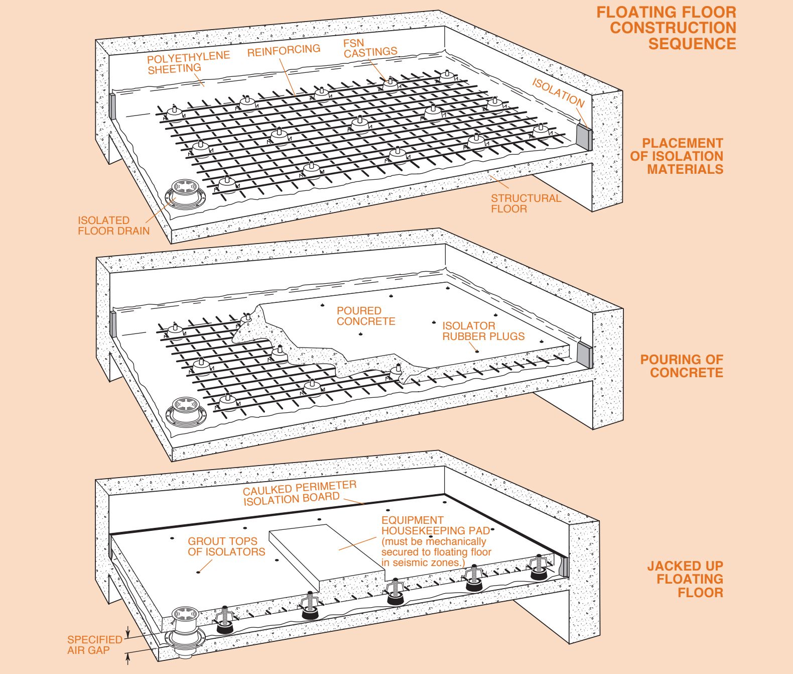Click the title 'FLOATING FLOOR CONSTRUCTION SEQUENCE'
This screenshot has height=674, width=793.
coord(667,28)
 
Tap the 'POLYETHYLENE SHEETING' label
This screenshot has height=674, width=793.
coord(188,62)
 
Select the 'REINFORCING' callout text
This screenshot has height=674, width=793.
coord(284,50)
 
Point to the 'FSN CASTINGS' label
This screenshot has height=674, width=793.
coord(370,48)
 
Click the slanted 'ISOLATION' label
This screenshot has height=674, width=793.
coord(558,92)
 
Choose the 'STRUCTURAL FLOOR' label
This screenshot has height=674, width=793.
coord(525,203)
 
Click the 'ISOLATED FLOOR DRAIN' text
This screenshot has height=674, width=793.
coord(113,226)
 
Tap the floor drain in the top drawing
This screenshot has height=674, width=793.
coord(185,196)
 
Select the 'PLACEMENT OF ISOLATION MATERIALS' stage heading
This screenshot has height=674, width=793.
coord(677,156)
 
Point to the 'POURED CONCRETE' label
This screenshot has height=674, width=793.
coord(366,316)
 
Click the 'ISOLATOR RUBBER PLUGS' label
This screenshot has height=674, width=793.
coord(483,331)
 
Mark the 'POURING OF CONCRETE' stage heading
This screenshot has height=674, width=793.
coord(682,366)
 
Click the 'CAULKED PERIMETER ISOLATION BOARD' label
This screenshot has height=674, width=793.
coord(300,493)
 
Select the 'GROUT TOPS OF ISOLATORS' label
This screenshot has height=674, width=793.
coord(226,546)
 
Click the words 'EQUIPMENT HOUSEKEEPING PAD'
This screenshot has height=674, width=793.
coord(436,525)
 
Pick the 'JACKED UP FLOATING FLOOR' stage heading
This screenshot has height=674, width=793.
coord(685,579)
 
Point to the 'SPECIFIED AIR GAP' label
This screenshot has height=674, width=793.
coord(95,645)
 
